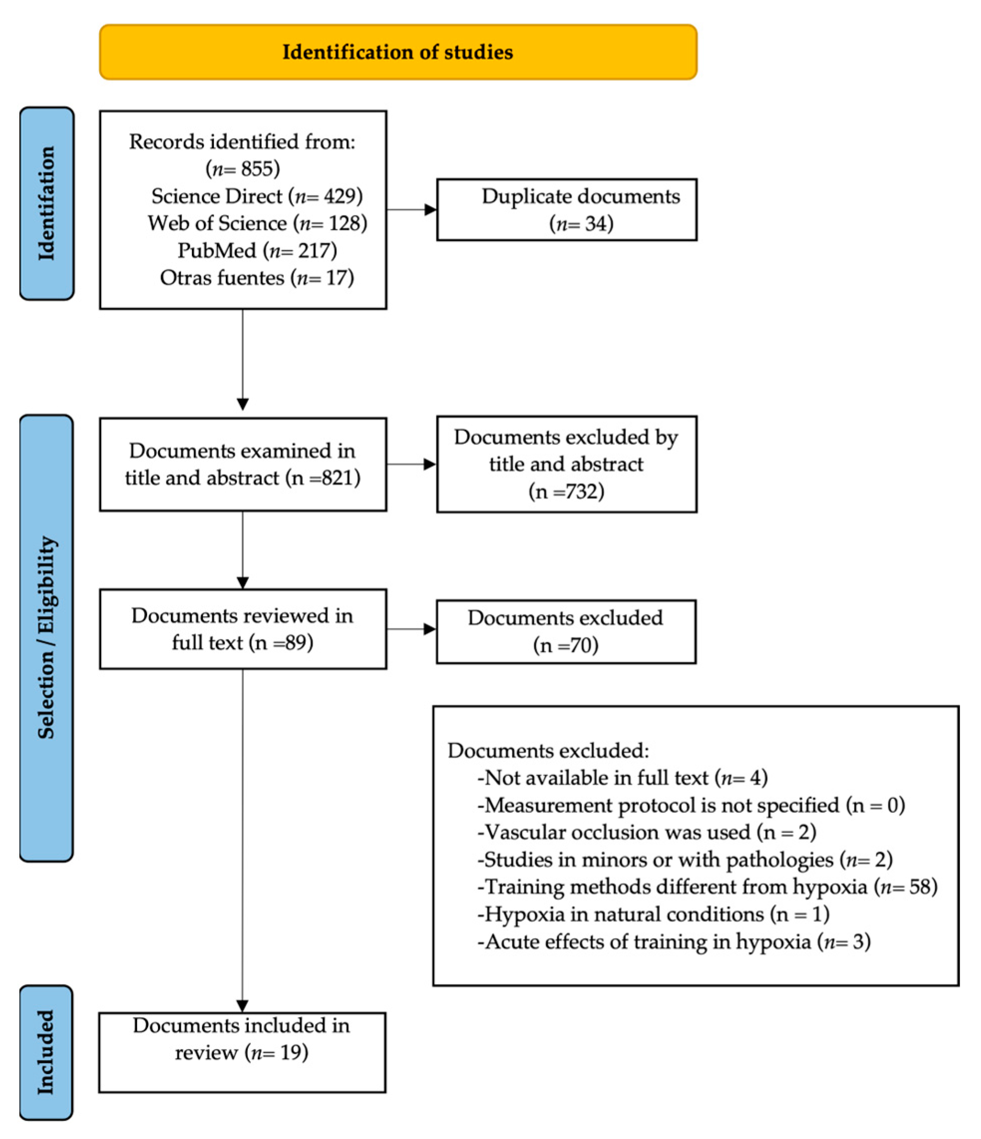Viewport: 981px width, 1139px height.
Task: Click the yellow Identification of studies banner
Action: click(x=398, y=52)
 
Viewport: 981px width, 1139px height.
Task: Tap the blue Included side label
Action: click(x=46, y=1052)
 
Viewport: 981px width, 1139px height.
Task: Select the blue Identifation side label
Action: click(x=47, y=203)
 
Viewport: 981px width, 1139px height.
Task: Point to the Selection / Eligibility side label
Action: click(x=47, y=638)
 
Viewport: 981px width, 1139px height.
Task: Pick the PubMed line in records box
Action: click(x=257, y=251)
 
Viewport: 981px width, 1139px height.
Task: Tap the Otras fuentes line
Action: click(x=257, y=278)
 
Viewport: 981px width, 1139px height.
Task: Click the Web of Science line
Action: click(x=257, y=223)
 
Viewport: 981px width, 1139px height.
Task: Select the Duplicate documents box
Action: click(x=567, y=209)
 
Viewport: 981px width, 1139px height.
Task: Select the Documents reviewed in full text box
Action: click(x=242, y=629)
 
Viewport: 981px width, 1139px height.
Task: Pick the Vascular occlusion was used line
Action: click(x=647, y=832)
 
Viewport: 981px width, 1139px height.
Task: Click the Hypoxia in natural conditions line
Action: click(x=653, y=914)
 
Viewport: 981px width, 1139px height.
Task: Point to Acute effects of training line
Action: click(x=674, y=942)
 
